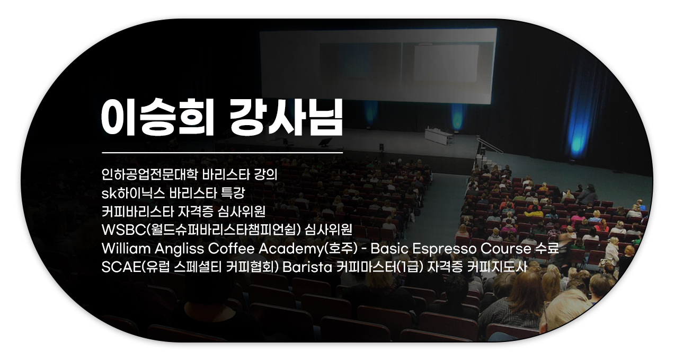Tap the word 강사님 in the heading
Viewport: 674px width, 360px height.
click(x=286, y=117)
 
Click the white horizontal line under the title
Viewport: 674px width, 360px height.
click(x=223, y=153)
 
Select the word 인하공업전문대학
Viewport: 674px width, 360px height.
click(x=149, y=174)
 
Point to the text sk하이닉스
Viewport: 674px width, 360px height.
click(x=133, y=193)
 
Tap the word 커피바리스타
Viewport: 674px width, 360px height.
click(x=138, y=212)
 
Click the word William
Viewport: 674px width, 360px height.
click(x=126, y=249)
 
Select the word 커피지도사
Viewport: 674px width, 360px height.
click(x=497, y=267)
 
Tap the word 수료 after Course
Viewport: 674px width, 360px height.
click(x=547, y=248)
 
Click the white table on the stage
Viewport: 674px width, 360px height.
click(x=438, y=135)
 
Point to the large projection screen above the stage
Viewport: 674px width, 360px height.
click(x=378, y=65)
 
